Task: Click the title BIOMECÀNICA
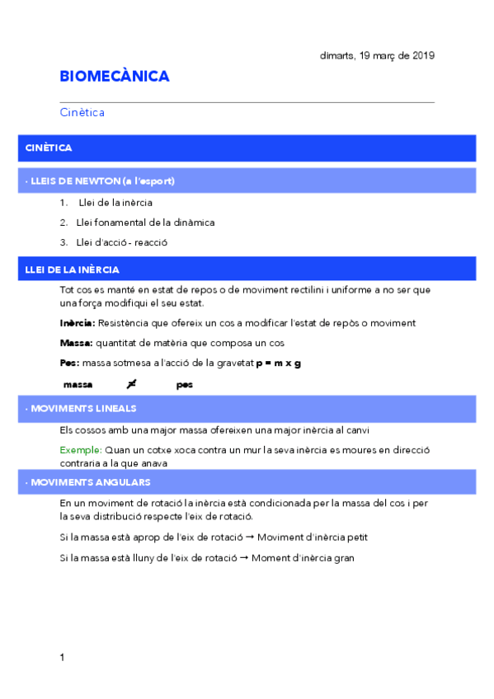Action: point(115,77)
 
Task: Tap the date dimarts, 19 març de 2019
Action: point(377,56)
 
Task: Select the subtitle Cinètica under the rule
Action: point(82,112)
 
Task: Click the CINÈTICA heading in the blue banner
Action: point(49,148)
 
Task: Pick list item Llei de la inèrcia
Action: point(115,202)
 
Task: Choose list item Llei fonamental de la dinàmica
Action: point(145,223)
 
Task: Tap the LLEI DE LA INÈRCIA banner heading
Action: point(73,270)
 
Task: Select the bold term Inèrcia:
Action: point(78,323)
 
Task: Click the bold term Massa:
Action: point(77,343)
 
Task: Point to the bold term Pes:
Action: point(70,364)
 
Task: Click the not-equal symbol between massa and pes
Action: point(131,384)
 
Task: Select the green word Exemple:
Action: point(81,450)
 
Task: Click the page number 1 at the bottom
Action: point(62,658)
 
